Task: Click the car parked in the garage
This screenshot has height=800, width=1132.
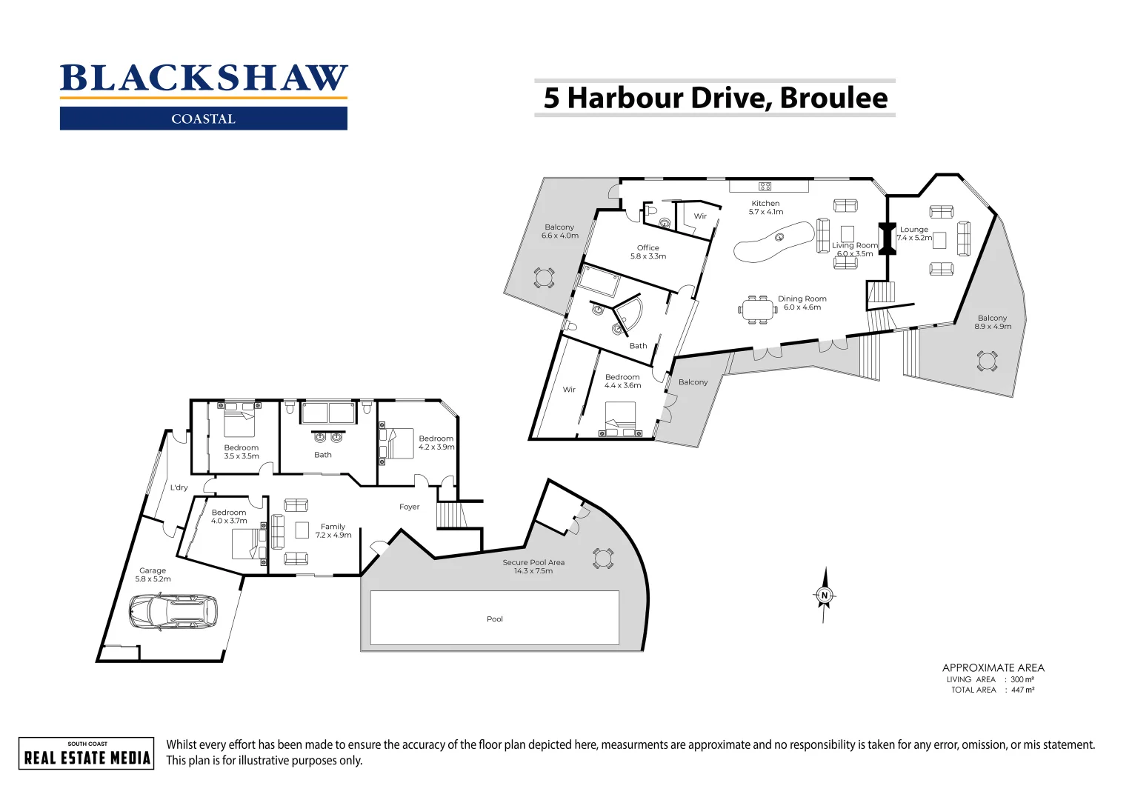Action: click(173, 612)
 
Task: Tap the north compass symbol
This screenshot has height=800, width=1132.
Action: click(824, 595)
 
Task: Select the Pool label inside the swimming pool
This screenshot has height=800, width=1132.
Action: click(495, 619)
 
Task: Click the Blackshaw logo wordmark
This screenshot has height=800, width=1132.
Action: click(204, 79)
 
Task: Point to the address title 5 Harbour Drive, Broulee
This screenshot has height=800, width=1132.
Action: click(715, 99)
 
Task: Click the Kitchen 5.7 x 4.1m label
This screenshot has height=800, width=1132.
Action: click(765, 207)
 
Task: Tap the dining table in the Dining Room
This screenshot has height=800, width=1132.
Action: click(756, 310)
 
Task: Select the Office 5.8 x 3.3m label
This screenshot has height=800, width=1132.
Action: click(647, 252)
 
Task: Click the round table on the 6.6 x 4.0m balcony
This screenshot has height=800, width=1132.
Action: click(544, 278)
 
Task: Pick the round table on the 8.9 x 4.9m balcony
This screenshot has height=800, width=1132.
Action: click(987, 361)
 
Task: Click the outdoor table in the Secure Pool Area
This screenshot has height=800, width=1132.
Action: click(603, 559)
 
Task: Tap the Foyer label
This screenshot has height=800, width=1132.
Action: click(409, 507)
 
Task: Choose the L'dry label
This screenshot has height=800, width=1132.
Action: click(179, 487)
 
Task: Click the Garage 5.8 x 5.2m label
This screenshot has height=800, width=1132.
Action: click(153, 575)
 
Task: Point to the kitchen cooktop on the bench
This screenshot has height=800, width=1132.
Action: click(765, 186)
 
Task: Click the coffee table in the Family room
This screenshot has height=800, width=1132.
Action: click(302, 530)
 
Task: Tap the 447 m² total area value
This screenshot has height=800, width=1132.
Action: click(1022, 690)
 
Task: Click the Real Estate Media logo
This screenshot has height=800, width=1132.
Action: click(87, 753)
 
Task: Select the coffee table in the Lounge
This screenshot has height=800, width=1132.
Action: click(940, 240)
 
